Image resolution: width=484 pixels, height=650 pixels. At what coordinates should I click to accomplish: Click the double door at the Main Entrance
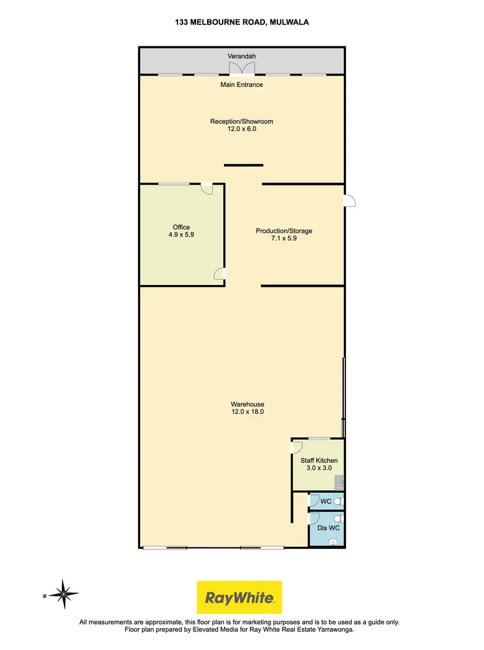click(x=242, y=69)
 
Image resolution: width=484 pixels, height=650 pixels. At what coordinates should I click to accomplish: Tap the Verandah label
click(x=242, y=57)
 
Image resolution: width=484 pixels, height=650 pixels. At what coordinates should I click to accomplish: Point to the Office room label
click(x=181, y=227)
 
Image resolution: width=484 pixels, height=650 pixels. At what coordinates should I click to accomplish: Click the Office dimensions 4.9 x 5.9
click(x=181, y=235)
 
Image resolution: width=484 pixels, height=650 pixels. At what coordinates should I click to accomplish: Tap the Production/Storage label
click(x=284, y=231)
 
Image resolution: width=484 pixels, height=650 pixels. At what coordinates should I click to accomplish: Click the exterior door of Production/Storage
click(x=349, y=201)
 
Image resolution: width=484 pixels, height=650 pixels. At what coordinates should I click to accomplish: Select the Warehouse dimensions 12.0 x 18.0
click(x=241, y=412)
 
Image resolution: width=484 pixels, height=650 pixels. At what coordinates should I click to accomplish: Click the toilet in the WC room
click(x=340, y=501)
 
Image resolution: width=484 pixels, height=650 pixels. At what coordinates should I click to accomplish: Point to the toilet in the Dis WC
click(x=340, y=520)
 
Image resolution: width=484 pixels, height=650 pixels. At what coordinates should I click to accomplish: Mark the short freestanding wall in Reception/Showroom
click(x=243, y=165)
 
